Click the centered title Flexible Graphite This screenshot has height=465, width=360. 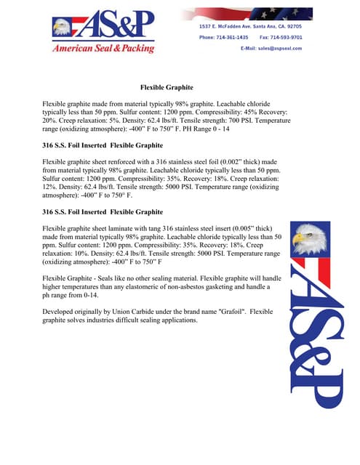166,87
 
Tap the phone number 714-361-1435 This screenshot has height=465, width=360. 233,37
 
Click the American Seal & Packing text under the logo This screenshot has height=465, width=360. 103,49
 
